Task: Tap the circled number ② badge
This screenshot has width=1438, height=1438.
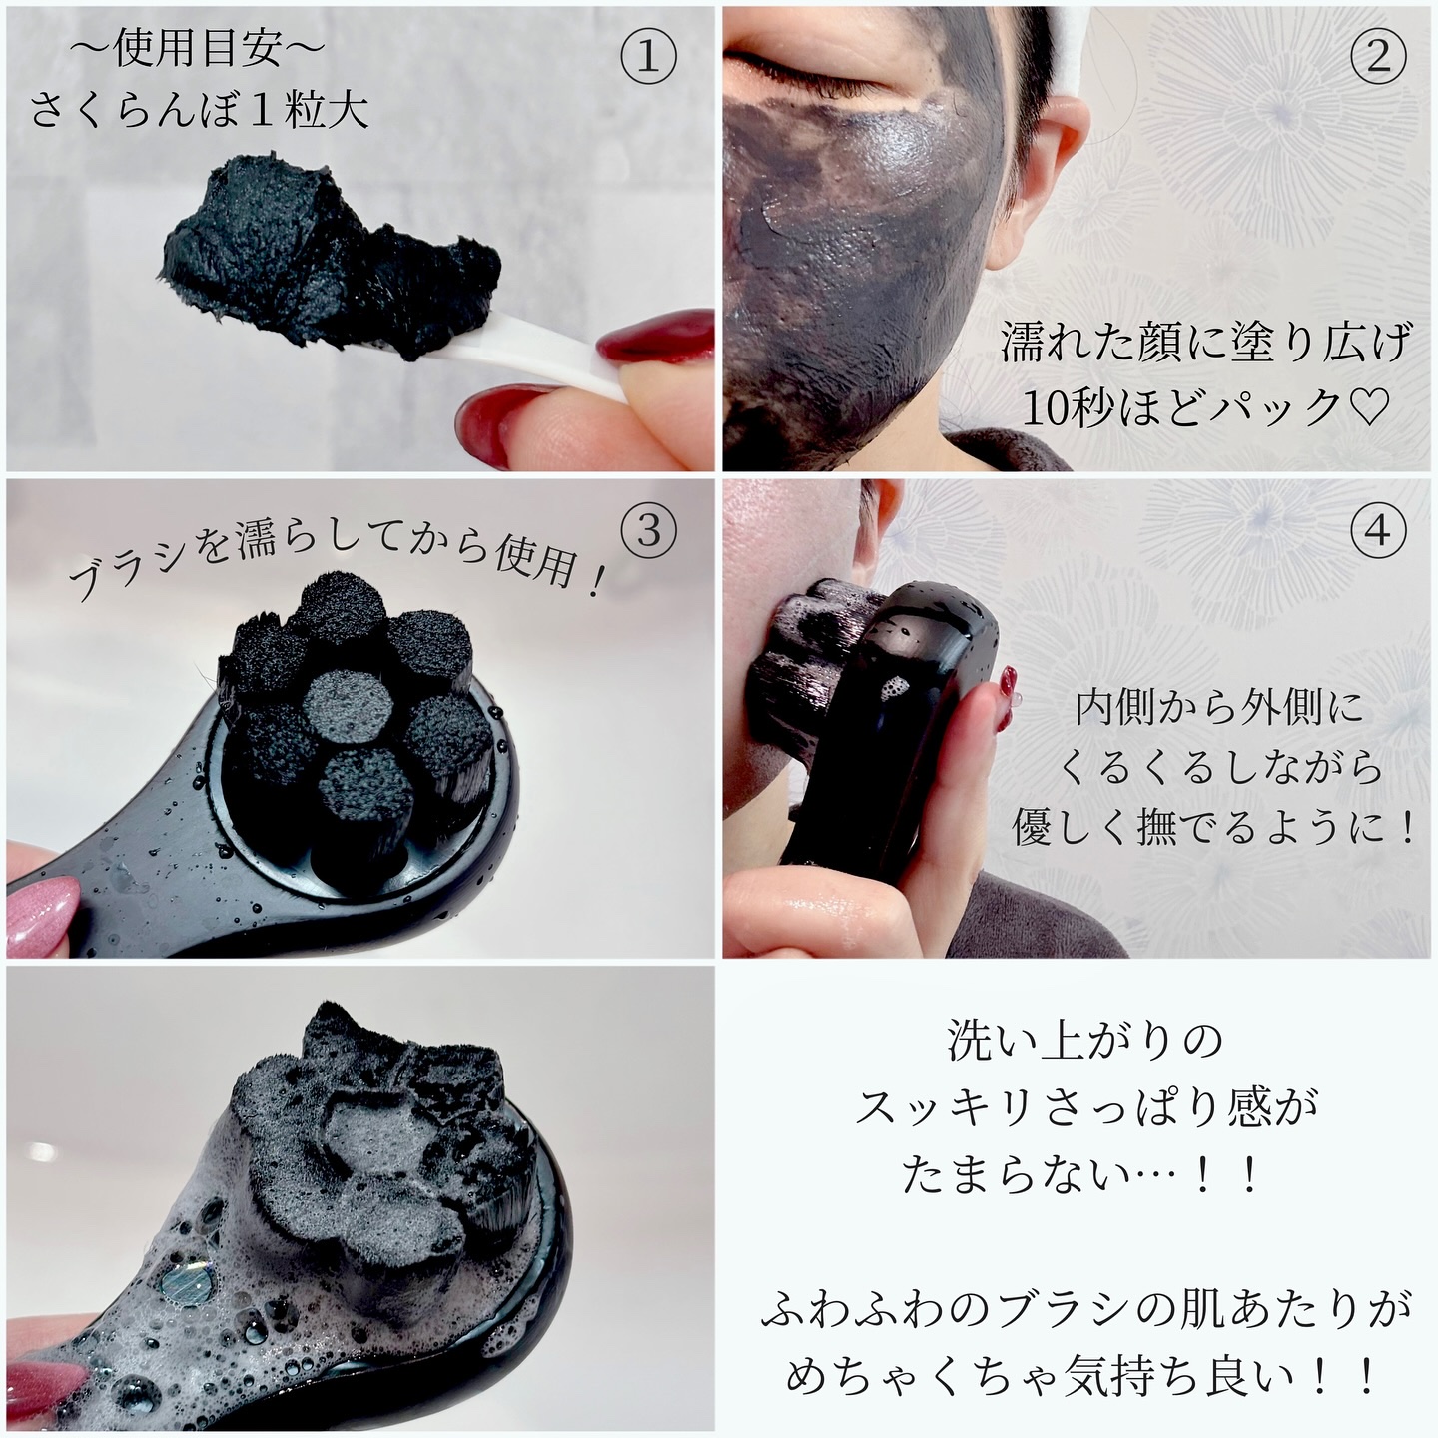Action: click(1377, 59)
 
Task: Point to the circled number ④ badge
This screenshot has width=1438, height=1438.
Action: click(1377, 530)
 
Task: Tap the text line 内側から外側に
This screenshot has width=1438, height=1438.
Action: click(1218, 708)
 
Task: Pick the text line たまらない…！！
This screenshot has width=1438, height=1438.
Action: click(1083, 1175)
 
